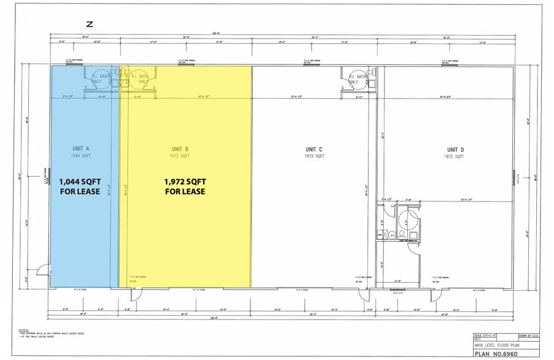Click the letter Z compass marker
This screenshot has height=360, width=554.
(x=89, y=24)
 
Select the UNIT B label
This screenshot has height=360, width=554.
(x=180, y=149)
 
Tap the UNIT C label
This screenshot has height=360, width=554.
(x=314, y=149)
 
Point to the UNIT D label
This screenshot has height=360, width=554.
(x=454, y=149)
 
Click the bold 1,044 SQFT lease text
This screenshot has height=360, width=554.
(x=80, y=182)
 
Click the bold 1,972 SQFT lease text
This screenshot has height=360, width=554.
(x=185, y=182)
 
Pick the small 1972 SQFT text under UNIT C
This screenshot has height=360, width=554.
(x=314, y=156)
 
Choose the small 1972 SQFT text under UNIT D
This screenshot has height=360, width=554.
(x=454, y=156)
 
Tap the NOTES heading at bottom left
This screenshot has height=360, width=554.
(x=24, y=330)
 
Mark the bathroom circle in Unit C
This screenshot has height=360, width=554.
(x=354, y=81)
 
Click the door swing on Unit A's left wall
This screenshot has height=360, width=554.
(x=43, y=269)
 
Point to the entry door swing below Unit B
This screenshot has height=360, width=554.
(x=135, y=294)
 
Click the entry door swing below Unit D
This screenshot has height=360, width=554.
(x=436, y=294)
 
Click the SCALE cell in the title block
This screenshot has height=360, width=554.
(x=486, y=335)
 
